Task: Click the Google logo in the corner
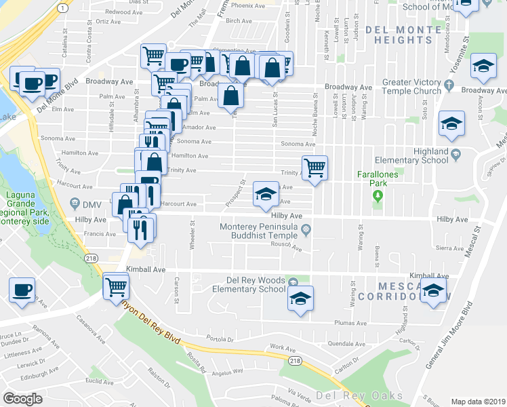tap(22, 399)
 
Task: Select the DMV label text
tap(91, 205)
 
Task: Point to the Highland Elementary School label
tap(420, 156)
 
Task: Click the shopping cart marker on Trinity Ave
tap(315, 167)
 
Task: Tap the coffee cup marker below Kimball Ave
tap(22, 290)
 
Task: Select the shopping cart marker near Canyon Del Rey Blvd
tap(116, 286)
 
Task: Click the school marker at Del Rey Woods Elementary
tap(300, 298)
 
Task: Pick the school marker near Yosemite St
tap(483, 66)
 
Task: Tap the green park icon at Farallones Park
tap(378, 197)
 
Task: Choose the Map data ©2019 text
tap(477, 402)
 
